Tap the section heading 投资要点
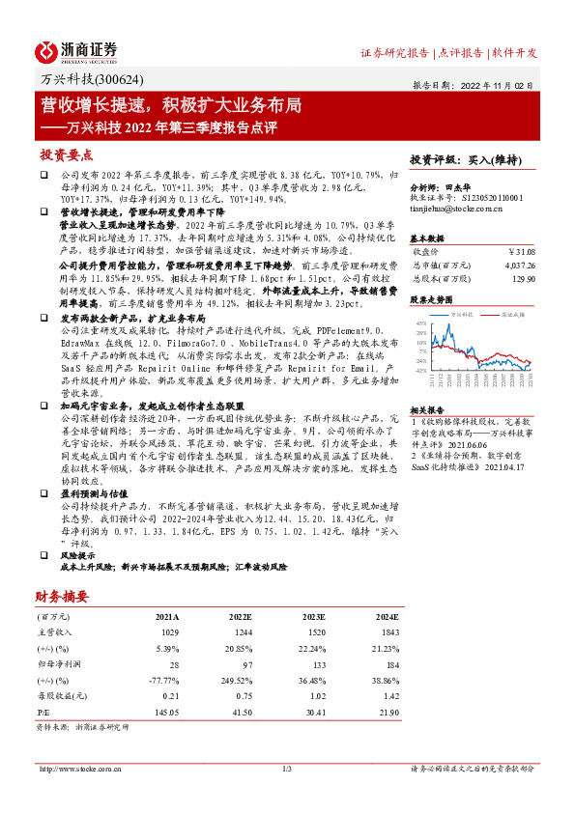(x=66, y=154)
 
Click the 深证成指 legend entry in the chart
(x=511, y=315)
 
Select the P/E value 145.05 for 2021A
(x=165, y=713)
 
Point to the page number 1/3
(x=287, y=769)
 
